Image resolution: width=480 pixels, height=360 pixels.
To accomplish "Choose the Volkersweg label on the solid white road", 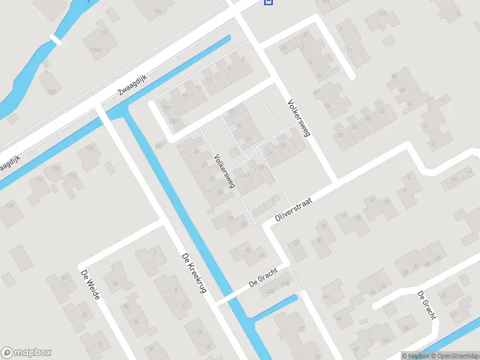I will [x=298, y=118].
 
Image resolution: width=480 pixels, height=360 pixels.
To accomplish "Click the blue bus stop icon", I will [x=268, y=2].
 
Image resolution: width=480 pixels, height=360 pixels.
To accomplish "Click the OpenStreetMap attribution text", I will [x=453, y=356].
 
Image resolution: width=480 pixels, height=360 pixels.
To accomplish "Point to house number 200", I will [x=52, y=92].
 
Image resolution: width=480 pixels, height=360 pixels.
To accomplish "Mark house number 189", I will [x=90, y=148].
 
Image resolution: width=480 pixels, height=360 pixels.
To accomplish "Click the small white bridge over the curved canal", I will [x=56, y=40].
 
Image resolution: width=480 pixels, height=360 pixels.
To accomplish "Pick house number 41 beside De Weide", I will [x=65, y=278].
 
